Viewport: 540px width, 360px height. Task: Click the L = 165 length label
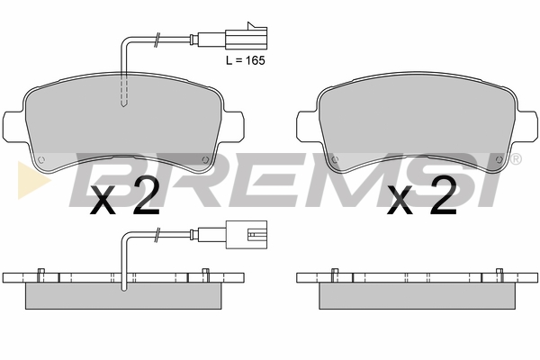click(246, 60)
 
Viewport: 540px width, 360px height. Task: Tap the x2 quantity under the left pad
click(125, 195)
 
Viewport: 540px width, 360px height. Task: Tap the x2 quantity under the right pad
click(422, 195)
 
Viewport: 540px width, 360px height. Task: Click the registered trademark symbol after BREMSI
click(515, 158)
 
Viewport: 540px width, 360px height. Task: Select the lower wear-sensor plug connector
click(247, 235)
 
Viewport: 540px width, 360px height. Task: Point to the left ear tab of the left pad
click(13, 126)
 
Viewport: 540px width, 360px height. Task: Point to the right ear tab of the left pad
click(233, 126)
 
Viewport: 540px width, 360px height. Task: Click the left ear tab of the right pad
click(307, 126)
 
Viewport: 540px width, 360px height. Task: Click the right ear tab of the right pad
click(526, 126)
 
